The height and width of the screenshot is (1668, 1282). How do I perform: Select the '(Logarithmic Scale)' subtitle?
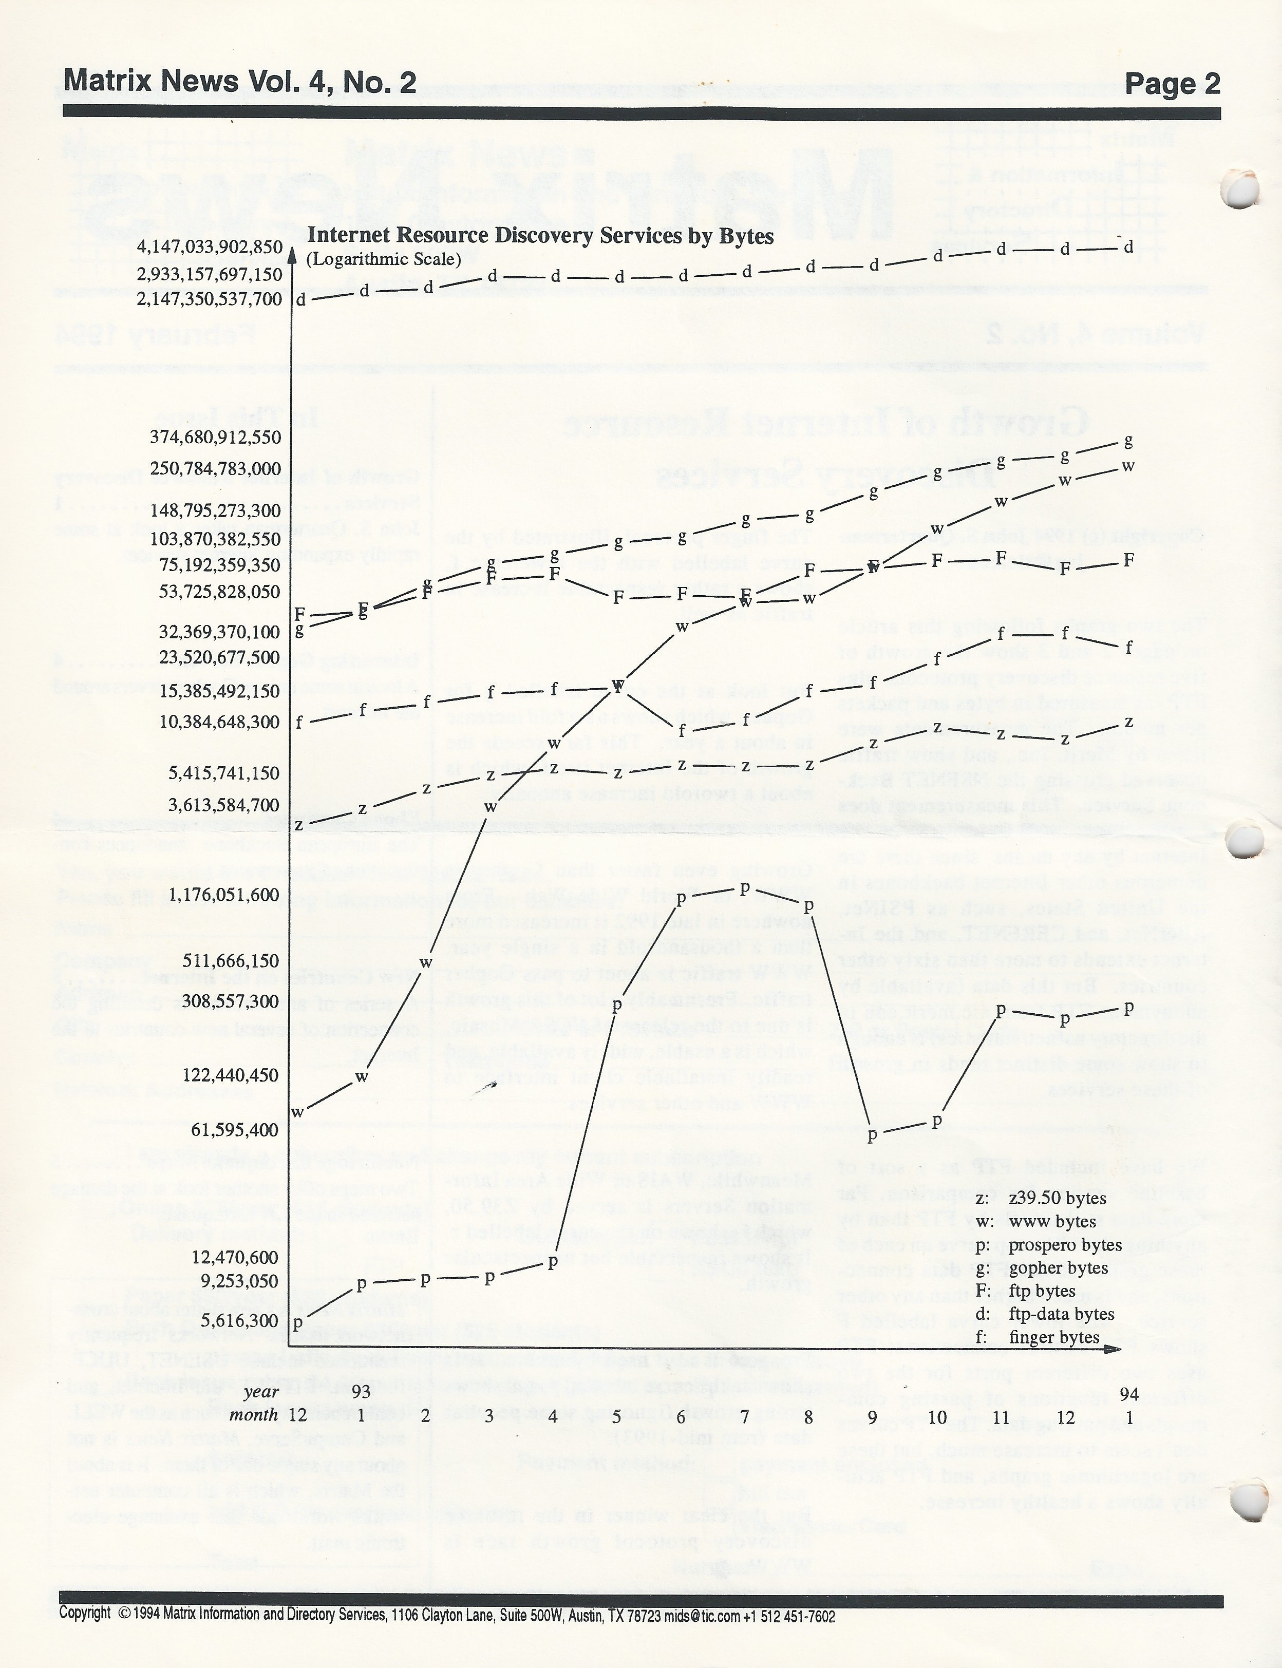384,259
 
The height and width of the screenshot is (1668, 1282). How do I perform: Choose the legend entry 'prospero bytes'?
1065,1245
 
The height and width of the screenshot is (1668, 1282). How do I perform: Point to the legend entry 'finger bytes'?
1054,1338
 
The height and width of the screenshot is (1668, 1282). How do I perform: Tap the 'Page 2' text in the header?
1172,84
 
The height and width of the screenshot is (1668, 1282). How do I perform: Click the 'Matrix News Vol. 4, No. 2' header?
240,81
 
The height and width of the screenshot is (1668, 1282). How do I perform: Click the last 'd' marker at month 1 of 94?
1128,245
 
